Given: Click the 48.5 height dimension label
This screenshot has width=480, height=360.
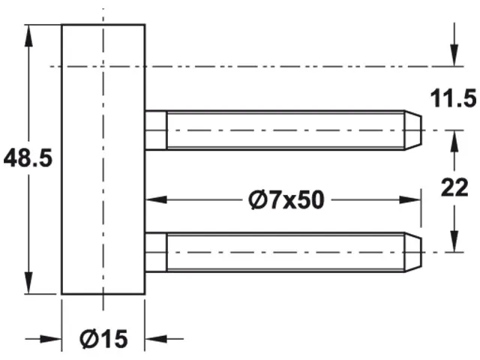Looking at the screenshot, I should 27,159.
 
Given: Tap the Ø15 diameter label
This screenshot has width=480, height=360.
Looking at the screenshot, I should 103,340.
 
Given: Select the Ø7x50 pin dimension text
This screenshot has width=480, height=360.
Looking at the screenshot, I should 284,200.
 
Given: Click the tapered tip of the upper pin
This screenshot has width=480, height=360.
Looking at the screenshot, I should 415,130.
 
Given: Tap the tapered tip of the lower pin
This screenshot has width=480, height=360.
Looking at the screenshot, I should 415,252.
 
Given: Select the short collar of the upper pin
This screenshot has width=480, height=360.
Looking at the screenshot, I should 155,130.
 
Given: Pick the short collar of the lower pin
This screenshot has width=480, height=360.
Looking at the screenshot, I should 155,252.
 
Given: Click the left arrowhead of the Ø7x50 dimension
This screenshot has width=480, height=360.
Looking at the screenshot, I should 154,200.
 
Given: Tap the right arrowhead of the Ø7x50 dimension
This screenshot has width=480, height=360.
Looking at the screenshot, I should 411,200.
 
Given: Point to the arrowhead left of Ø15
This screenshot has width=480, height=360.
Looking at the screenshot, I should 51,338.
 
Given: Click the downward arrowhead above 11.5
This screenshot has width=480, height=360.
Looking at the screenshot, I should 453,57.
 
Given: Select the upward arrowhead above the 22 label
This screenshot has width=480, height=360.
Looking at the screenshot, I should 453,140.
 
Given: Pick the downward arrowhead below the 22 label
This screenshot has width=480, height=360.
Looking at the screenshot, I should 453,241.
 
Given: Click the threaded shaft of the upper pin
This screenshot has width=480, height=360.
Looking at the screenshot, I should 285,130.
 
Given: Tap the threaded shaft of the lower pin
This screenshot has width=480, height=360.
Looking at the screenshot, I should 285,252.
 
